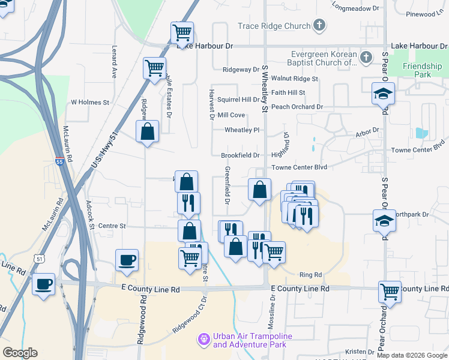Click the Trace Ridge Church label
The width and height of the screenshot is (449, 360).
(274, 26)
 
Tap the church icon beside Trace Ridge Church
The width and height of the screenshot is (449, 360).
(319, 26)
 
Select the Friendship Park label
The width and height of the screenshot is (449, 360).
(418, 70)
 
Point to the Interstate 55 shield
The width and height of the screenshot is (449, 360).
(59, 161)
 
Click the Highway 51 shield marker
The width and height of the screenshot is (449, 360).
(40, 259)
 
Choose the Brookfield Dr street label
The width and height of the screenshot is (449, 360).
(240, 155)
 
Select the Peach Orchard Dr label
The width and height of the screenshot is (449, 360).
(297, 107)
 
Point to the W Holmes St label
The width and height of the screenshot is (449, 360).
(90, 103)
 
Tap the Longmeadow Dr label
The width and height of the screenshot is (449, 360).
(357, 8)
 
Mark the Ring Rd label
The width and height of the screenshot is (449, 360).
(310, 275)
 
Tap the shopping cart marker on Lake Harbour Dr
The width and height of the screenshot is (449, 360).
(181, 32)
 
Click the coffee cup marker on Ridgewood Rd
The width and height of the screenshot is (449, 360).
(127, 260)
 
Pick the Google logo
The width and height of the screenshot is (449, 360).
(20, 353)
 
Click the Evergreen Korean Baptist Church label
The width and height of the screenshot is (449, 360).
(324, 58)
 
